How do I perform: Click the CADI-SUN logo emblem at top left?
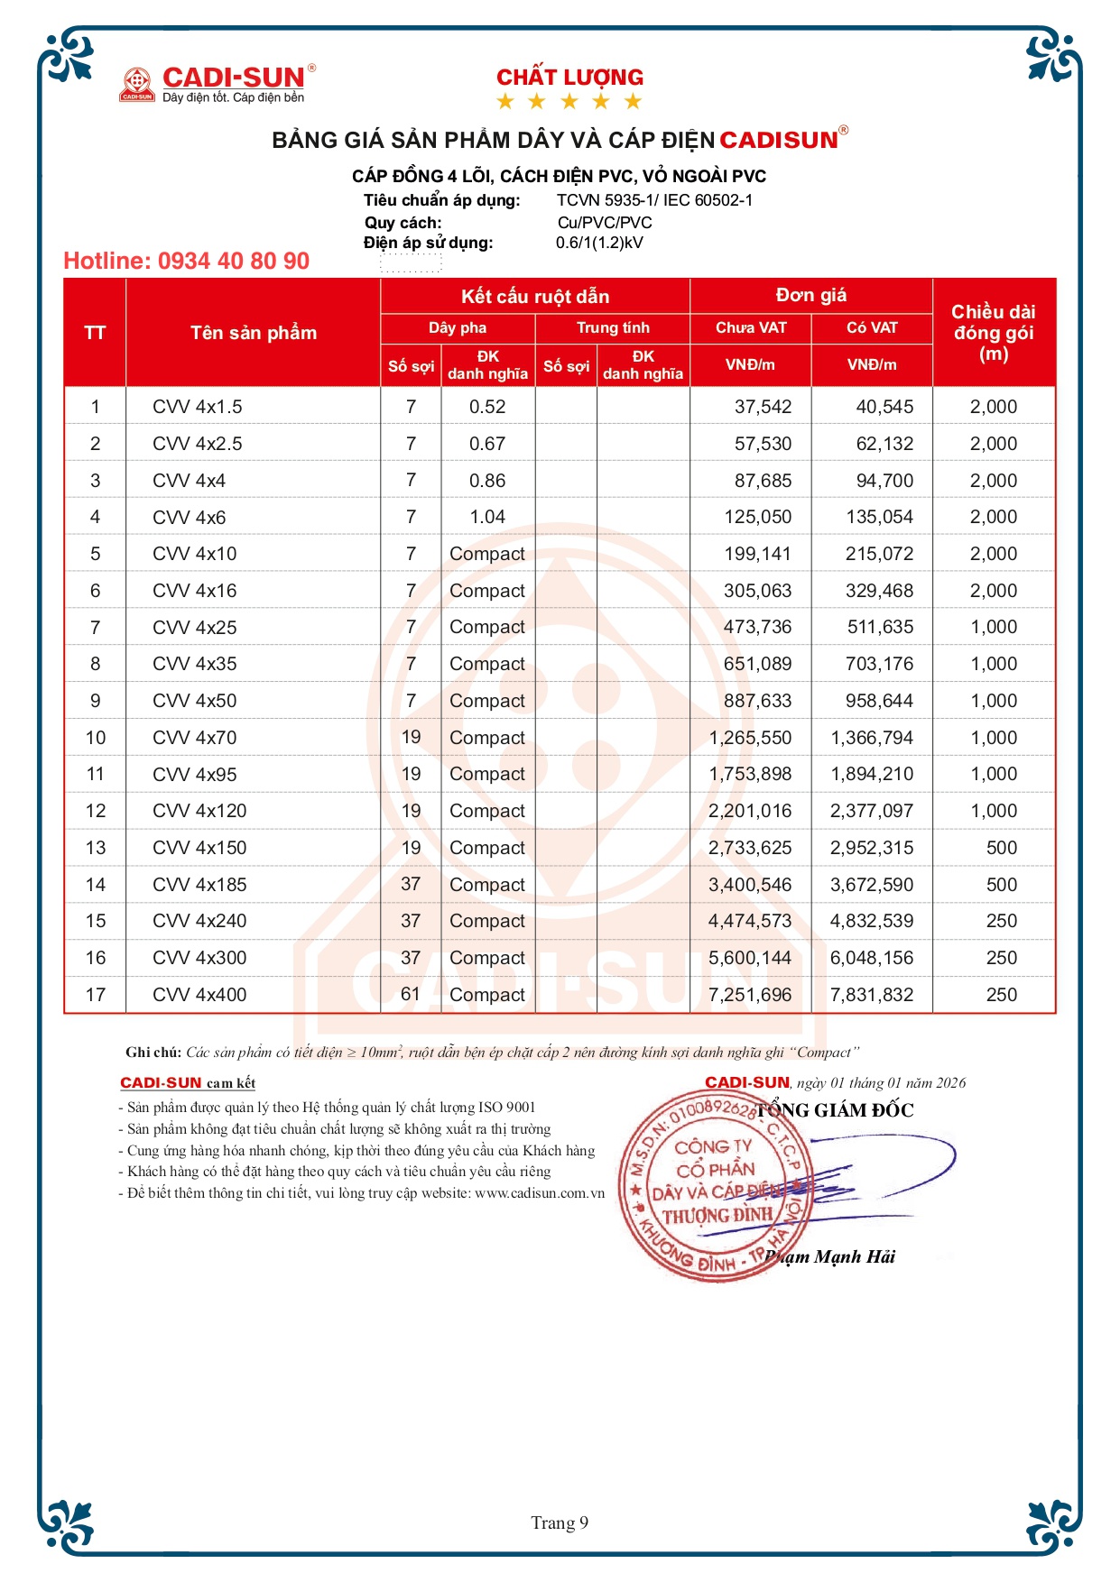(137, 85)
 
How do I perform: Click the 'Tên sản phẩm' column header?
(254, 333)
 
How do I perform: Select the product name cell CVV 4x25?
(195, 628)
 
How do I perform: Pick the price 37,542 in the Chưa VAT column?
(763, 407)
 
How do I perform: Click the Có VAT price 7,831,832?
(872, 995)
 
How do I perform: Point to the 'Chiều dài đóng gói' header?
(993, 333)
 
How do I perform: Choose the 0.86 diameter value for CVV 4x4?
(487, 481)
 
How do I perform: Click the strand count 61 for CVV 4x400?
(411, 994)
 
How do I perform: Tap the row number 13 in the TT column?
(96, 848)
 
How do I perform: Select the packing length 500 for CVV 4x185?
(1001, 885)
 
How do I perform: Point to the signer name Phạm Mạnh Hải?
(831, 1257)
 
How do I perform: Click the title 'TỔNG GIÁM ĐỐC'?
(835, 1110)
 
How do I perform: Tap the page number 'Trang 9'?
(560, 1523)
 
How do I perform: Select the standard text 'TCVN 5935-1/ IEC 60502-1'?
(654, 200)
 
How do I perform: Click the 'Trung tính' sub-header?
(613, 328)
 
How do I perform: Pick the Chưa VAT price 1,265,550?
(750, 738)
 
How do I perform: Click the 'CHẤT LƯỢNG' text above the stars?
(569, 78)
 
